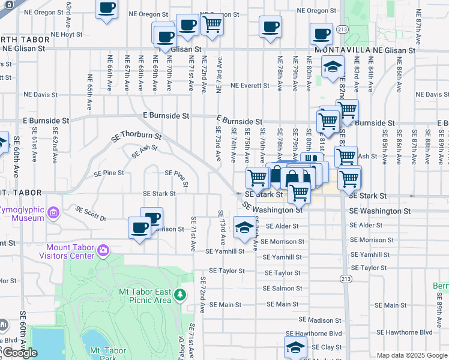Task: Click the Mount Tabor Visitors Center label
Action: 70,252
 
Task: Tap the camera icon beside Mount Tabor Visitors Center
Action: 103,250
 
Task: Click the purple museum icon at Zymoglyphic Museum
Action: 53,212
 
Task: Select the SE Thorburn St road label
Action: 136,137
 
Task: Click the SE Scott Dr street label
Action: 91,214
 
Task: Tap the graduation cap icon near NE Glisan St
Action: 332,68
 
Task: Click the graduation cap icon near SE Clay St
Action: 295,347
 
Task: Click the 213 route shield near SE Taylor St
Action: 346,279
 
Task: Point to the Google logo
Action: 20,353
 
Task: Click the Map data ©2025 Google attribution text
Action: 412,355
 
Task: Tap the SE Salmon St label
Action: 282,289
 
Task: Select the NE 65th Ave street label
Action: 89,91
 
